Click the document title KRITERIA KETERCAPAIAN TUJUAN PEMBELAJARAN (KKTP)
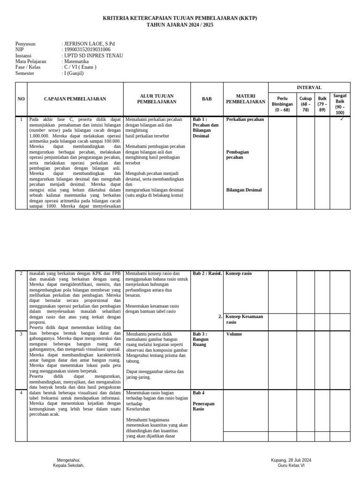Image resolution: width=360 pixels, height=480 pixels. pyautogui.click(x=180, y=18)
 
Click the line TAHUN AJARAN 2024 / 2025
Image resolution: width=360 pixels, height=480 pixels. pyautogui.click(x=180, y=24)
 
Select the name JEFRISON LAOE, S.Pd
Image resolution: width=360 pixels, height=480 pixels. pyautogui.click(x=89, y=44)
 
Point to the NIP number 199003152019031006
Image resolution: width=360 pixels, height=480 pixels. pyautogui.click(x=87, y=50)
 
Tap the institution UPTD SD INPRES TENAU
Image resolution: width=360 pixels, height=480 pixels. pyautogui.click(x=93, y=55)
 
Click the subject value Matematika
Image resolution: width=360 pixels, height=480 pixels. pyautogui.click(x=76, y=61)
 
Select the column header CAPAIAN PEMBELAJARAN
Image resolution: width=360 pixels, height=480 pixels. pyautogui.click(x=75, y=99)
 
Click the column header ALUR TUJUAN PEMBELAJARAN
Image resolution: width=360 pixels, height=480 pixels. pyautogui.click(x=157, y=99)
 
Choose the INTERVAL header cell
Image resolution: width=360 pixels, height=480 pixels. pyautogui.click(x=309, y=87)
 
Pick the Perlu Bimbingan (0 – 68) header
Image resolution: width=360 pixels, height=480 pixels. pyautogui.click(x=282, y=104)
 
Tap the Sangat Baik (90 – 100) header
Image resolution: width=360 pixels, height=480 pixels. pyautogui.click(x=340, y=104)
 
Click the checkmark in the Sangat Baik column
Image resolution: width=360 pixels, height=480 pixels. pyautogui.click(x=342, y=120)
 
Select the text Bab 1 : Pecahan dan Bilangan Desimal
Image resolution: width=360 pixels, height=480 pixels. pyautogui.click(x=206, y=127)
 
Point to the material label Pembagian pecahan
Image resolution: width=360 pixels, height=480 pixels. pyautogui.click(x=237, y=155)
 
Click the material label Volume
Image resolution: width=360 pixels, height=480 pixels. pyautogui.click(x=234, y=334)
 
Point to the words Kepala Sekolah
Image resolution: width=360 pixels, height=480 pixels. pyautogui.click(x=68, y=465)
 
